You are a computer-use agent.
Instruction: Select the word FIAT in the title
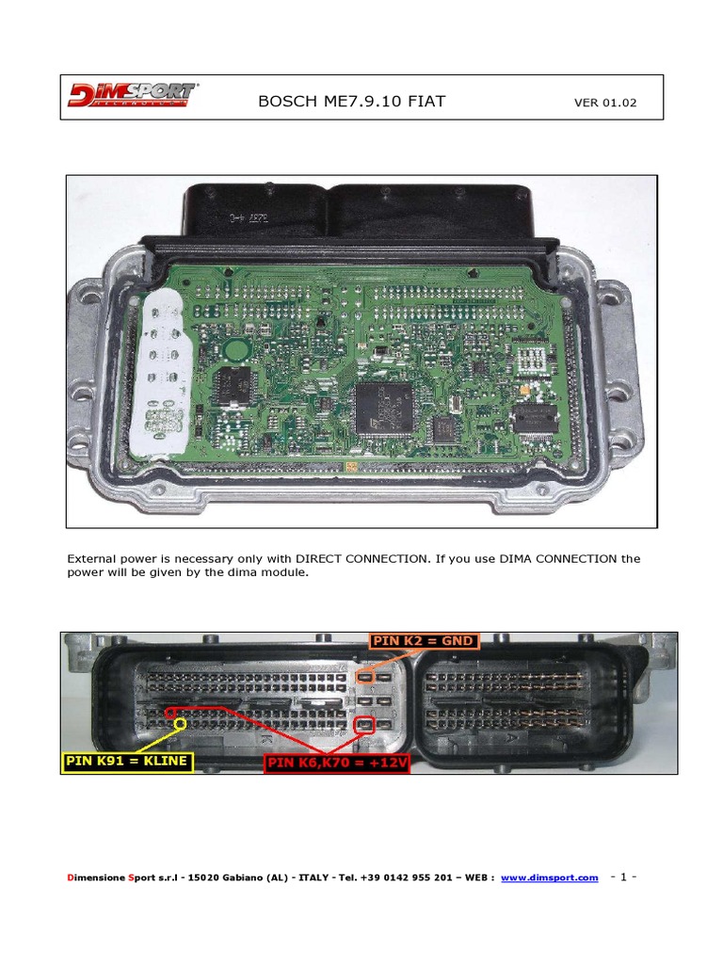point(426,102)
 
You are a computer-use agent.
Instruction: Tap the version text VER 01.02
point(605,103)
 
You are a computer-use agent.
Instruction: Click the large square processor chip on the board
point(384,407)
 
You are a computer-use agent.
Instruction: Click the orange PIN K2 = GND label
point(424,641)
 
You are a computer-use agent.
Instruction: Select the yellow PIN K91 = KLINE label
point(128,762)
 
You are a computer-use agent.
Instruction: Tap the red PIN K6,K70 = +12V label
point(337,763)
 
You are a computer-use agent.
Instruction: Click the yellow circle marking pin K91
point(173,713)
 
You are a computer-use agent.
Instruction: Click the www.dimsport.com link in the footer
point(549,877)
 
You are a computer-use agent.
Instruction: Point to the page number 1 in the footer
point(622,876)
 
